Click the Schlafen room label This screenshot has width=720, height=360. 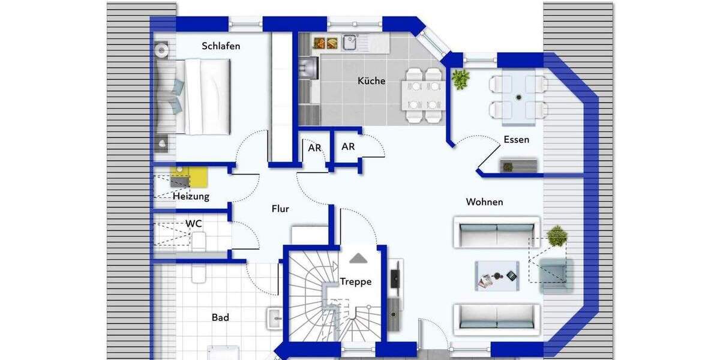click(x=221, y=46)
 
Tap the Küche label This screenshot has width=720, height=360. click(x=371, y=81)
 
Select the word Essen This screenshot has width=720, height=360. click(x=516, y=140)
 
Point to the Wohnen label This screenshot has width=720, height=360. click(x=484, y=202)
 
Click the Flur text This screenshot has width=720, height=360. click(x=280, y=209)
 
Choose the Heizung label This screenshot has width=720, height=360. click(x=191, y=196)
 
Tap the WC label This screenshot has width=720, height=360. click(x=193, y=224)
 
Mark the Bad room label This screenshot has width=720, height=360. click(x=220, y=317)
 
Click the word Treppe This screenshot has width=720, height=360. click(x=356, y=281)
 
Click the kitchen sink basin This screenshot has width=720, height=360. click(x=350, y=43)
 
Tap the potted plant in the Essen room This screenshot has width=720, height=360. click(x=461, y=79)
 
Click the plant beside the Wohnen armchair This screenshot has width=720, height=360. click(x=557, y=235)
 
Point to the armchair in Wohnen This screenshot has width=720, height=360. click(x=556, y=275)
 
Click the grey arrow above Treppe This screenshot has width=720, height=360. click(x=358, y=258)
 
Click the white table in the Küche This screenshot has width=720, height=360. click(x=423, y=95)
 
